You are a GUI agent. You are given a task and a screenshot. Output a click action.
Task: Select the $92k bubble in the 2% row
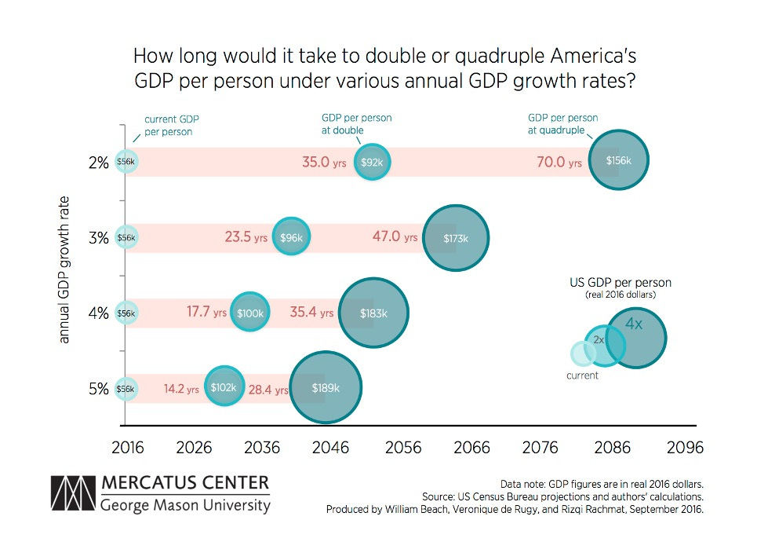click(372, 163)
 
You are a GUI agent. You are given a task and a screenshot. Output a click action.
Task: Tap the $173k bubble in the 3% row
click(456, 237)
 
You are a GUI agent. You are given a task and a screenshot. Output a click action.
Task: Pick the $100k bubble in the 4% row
click(251, 313)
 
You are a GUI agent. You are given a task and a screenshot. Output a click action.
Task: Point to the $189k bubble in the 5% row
click(326, 387)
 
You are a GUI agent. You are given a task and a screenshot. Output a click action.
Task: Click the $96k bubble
click(291, 237)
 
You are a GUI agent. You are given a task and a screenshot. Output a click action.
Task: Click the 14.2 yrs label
click(181, 388)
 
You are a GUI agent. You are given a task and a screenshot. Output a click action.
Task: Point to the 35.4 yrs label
click(311, 313)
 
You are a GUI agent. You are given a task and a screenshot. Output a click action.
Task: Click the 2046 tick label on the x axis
click(330, 448)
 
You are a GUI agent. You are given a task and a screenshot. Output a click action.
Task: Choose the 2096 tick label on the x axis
click(684, 448)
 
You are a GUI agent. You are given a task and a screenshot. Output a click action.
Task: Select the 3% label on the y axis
click(98, 238)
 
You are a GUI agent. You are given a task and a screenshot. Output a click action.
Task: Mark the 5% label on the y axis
click(98, 388)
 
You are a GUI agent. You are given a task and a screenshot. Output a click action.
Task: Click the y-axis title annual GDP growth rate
click(65, 269)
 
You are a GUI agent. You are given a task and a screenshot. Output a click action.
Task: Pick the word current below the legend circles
click(582, 375)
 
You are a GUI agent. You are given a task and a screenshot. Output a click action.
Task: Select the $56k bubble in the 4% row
click(126, 313)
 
